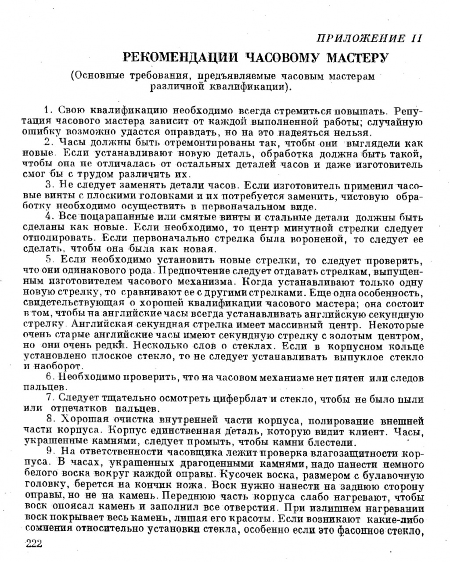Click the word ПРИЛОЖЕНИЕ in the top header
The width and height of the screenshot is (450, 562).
(x=360, y=39)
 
